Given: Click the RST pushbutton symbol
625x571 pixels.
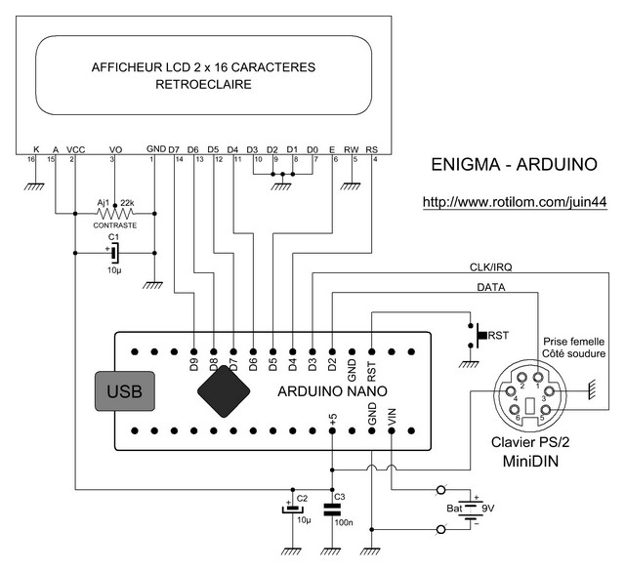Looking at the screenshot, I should click(x=479, y=334).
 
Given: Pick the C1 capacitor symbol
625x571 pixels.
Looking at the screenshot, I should click(x=113, y=253).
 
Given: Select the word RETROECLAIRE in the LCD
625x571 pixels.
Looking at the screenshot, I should click(x=203, y=85).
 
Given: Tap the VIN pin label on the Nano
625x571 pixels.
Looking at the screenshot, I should click(x=393, y=416).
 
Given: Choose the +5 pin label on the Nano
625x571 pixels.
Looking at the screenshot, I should click(x=333, y=418).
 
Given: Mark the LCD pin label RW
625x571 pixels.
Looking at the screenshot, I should click(x=354, y=149).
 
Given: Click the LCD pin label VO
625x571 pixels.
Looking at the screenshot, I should click(x=114, y=149).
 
